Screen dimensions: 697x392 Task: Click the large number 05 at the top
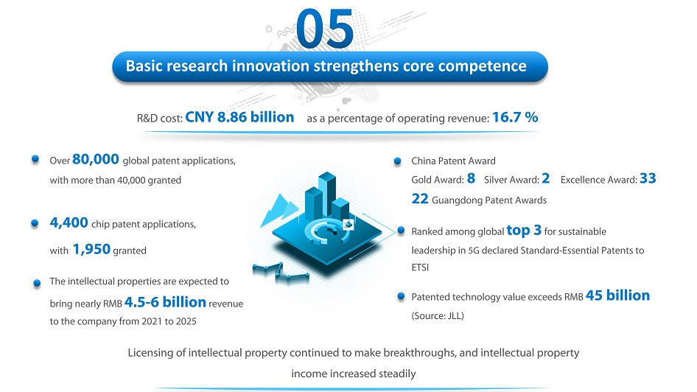click(x=325, y=29)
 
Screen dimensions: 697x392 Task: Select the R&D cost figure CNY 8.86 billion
click(x=239, y=117)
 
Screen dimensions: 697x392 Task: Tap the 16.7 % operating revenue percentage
click(x=515, y=117)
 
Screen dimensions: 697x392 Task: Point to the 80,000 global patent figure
click(x=96, y=159)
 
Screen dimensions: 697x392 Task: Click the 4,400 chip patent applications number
click(x=69, y=223)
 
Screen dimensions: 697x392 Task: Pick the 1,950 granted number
click(x=91, y=249)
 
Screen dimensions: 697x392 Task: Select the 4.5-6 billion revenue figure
click(x=165, y=302)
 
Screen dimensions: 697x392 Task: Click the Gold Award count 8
click(x=472, y=178)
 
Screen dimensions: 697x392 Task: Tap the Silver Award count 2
click(x=546, y=178)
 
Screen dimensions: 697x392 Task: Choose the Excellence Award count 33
click(x=648, y=178)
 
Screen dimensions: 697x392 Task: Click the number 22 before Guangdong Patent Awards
click(x=420, y=198)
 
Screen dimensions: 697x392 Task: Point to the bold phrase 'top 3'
click(x=524, y=230)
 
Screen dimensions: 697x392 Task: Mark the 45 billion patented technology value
click(x=618, y=295)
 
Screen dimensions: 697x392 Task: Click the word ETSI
click(x=420, y=267)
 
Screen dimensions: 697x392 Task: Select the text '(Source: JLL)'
click(x=438, y=315)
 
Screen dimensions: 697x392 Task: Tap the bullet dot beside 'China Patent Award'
click(x=397, y=161)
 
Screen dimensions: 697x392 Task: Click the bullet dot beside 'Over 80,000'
click(x=35, y=159)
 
